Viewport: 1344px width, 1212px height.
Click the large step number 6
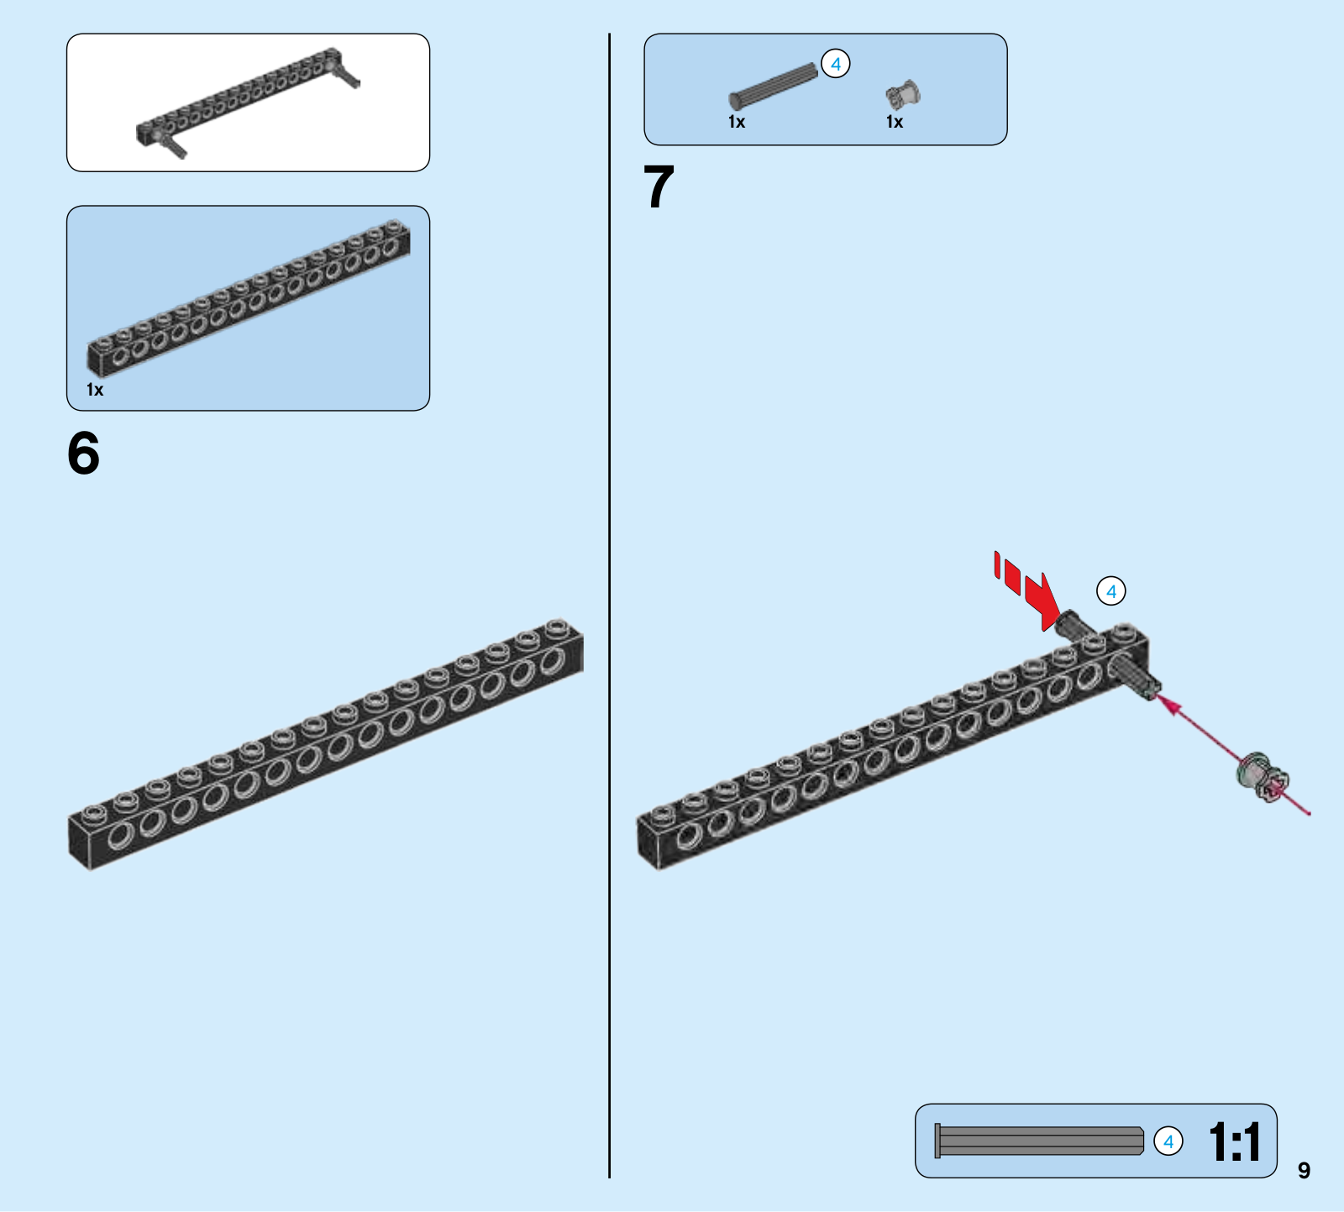83,454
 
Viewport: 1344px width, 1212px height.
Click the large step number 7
659,186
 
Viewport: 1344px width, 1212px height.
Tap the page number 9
1303,1170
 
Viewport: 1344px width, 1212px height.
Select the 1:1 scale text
1234,1142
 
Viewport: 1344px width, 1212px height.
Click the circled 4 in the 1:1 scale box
1168,1141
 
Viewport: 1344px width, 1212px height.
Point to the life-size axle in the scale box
1039,1141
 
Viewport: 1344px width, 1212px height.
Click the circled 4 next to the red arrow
1110,591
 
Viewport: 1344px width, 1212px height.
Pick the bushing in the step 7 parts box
903,95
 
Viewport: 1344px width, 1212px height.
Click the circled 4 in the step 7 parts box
835,64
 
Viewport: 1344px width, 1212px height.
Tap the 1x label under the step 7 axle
737,123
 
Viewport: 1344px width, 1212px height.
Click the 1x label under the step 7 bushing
895,123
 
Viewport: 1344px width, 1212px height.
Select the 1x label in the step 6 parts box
95,390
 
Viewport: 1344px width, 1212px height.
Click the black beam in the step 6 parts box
249,298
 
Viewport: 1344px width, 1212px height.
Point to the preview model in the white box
249,103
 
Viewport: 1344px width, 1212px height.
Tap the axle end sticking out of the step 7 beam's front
1137,677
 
